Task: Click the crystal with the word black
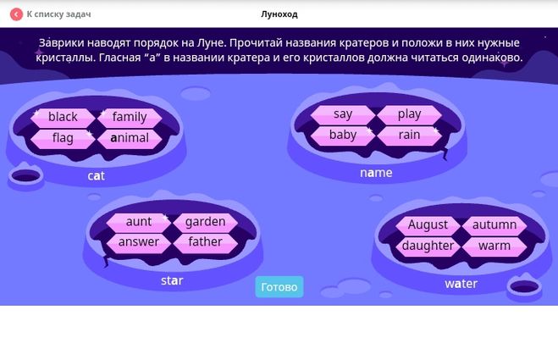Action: pyautogui.click(x=63, y=117)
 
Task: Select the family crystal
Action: pyautogui.click(x=130, y=117)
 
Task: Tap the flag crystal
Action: pyautogui.click(x=63, y=138)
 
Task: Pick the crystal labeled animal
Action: pyautogui.click(x=130, y=138)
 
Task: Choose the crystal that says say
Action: pyautogui.click(x=343, y=114)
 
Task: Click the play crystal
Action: pyautogui.click(x=409, y=114)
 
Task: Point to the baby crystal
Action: pyautogui.click(x=343, y=136)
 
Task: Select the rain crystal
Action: pyautogui.click(x=409, y=136)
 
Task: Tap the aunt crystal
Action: pyautogui.click(x=139, y=222)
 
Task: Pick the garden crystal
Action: pyautogui.click(x=206, y=222)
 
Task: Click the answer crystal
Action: pyautogui.click(x=139, y=242)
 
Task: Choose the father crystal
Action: pyautogui.click(x=206, y=242)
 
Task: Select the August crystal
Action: pyautogui.click(x=428, y=225)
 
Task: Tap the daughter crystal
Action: pyautogui.click(x=428, y=246)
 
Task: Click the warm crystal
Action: pyautogui.click(x=494, y=246)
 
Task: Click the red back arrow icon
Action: pyautogui.click(x=16, y=14)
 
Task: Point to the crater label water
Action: pyautogui.click(x=461, y=284)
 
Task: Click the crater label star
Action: pyautogui.click(x=172, y=280)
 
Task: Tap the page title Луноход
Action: pyautogui.click(x=279, y=14)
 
